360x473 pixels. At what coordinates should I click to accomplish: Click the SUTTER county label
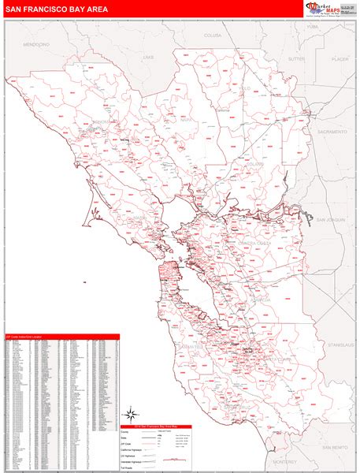click(x=296, y=58)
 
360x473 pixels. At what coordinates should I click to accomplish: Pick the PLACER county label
click(x=340, y=58)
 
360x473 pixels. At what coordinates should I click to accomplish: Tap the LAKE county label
click(x=149, y=58)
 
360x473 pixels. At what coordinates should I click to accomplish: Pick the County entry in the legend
click(x=125, y=430)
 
